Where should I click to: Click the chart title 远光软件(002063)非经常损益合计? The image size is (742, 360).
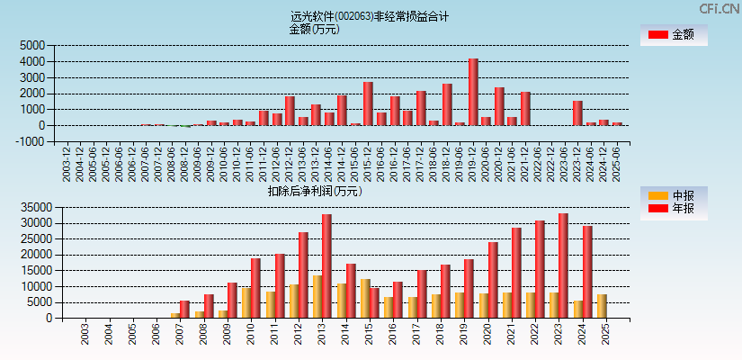pyautogui.click(x=370, y=16)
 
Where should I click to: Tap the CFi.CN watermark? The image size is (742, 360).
pyautogui.click(x=719, y=9)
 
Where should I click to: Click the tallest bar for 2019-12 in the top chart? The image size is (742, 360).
pyautogui.click(x=473, y=92)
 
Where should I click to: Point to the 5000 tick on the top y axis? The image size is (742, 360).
pyautogui.click(x=32, y=46)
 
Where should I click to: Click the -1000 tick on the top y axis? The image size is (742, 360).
pyautogui.click(x=31, y=141)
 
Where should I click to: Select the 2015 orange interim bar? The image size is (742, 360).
pyautogui.click(x=365, y=298)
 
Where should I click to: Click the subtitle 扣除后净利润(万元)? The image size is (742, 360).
pyautogui.click(x=315, y=191)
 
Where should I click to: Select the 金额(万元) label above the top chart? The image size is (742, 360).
pyautogui.click(x=314, y=29)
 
